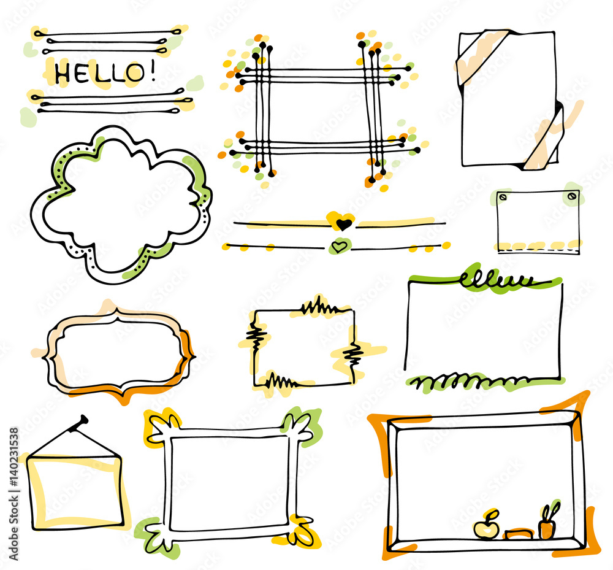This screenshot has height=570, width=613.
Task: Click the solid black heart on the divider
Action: coord(345,223)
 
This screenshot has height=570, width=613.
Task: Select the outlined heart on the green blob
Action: coord(338,247)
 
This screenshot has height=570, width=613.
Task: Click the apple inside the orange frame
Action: coord(485,528)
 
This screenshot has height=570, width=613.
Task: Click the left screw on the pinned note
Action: coord(503,197)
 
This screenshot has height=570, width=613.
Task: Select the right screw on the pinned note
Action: coord(572,196)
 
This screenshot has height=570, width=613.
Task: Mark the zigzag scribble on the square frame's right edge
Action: coord(352,354)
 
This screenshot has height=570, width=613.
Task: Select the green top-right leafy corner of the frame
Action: coord(299,425)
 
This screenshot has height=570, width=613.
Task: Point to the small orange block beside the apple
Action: coord(517,534)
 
